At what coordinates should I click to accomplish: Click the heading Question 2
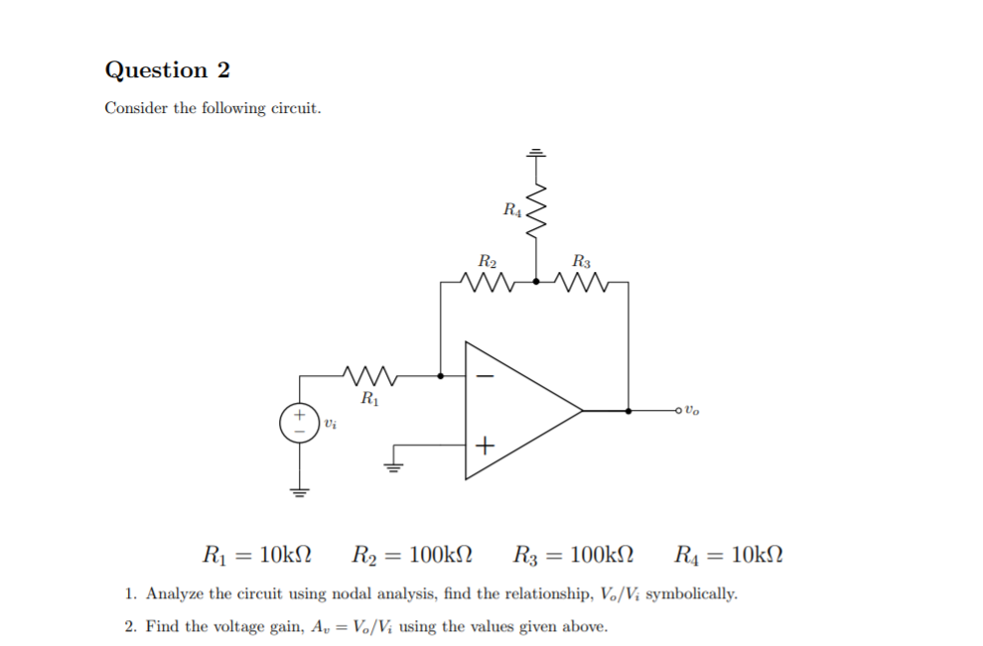167,70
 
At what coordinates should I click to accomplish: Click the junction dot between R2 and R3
536,282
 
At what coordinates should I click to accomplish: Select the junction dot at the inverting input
441,376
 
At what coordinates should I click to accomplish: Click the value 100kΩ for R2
438,554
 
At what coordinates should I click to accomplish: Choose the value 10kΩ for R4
758,554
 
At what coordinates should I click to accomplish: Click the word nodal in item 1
350,594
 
